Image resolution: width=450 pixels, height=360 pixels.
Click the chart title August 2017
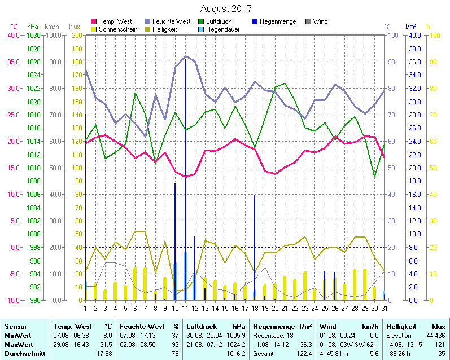point(226,9)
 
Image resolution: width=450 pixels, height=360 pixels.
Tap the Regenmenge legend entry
point(277,21)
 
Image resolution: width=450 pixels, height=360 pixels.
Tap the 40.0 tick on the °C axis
point(13,35)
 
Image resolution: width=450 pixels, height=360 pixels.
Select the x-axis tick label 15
point(225,308)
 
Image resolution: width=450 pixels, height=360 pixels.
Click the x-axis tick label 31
point(384,308)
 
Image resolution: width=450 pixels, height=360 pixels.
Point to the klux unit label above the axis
point(75,27)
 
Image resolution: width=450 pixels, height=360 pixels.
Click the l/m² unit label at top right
point(410,27)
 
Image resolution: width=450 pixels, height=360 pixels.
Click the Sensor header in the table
point(15,326)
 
